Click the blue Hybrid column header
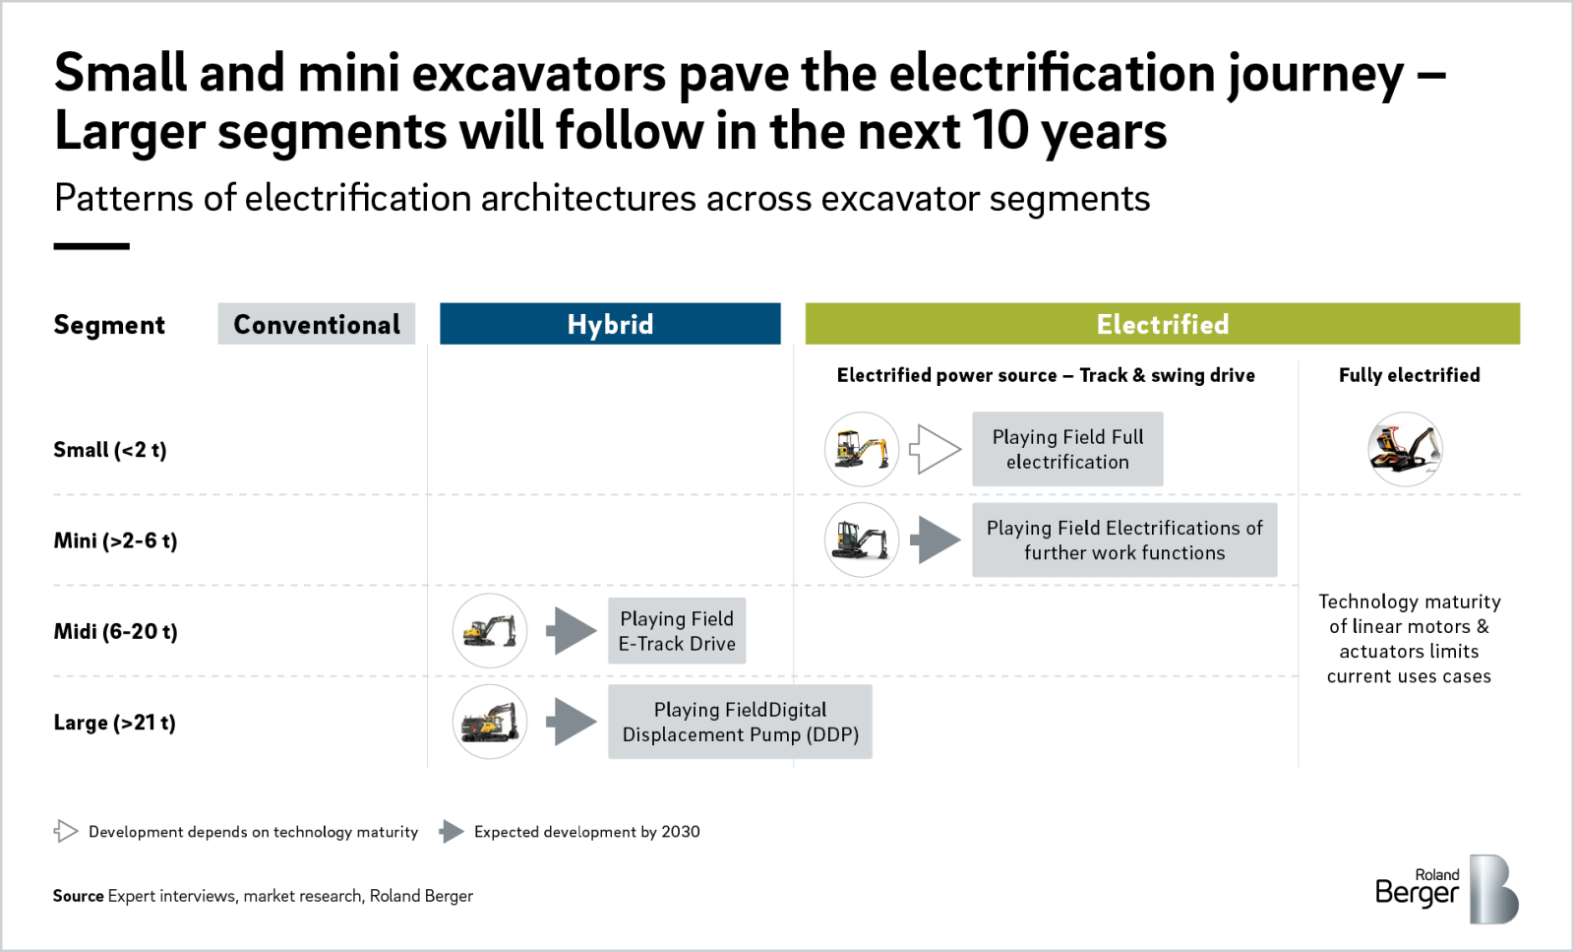(x=610, y=324)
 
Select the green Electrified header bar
(x=1162, y=324)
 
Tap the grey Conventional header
(x=316, y=324)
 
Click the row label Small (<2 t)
(x=110, y=450)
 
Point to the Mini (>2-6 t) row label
(x=115, y=540)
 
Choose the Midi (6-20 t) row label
(x=115, y=631)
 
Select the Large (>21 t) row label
(x=114, y=723)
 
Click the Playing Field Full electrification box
(x=1067, y=449)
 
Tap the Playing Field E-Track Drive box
(x=677, y=631)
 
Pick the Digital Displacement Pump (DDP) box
(x=740, y=722)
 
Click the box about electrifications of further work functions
(x=1124, y=540)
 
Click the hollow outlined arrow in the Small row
(x=935, y=449)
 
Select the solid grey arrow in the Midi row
(x=572, y=631)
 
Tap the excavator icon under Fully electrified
(x=1405, y=449)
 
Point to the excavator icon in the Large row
(x=490, y=722)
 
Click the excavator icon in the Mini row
(x=862, y=540)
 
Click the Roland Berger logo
(x=1446, y=889)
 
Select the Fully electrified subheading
(x=1409, y=375)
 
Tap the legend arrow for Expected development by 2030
(x=452, y=832)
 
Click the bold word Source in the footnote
(x=79, y=896)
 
